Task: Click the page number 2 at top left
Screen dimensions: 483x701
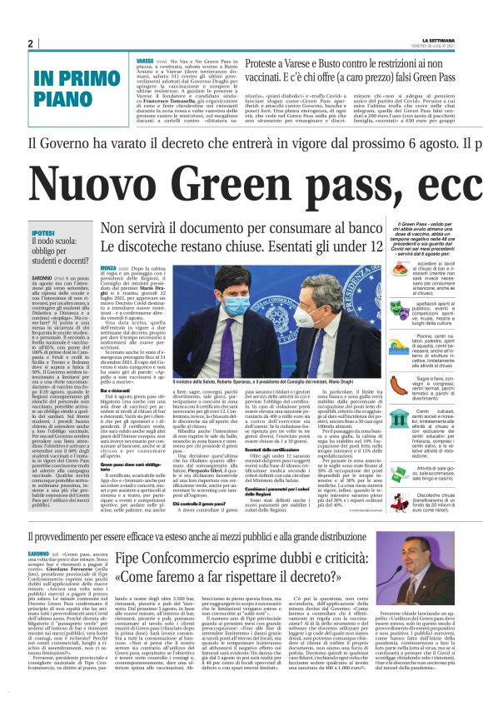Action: [x=30, y=43]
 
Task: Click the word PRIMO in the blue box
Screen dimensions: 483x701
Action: [x=95, y=80]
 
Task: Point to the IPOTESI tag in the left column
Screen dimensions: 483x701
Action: [x=43, y=210]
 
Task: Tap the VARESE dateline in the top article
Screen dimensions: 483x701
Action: [x=144, y=62]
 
